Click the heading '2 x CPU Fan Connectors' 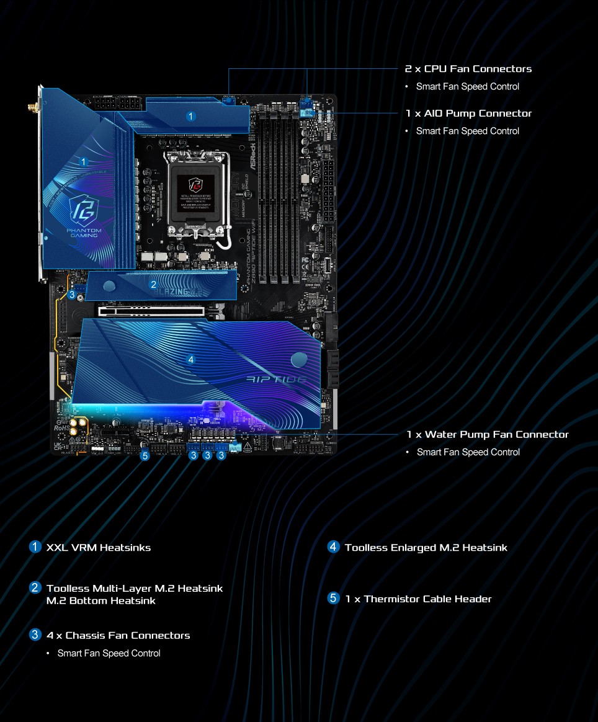tap(468, 69)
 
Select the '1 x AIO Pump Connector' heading tap(468, 114)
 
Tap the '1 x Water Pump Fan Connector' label tap(488, 435)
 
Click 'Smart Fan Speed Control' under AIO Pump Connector tap(467, 131)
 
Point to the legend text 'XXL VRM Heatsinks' tap(99, 548)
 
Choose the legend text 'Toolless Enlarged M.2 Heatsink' tap(426, 548)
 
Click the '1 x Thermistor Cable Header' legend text tap(418, 599)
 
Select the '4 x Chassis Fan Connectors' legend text tap(118, 636)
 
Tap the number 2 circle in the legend tap(35, 587)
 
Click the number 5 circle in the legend tap(334, 599)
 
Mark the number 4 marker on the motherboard tap(190, 360)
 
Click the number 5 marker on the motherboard tap(145, 456)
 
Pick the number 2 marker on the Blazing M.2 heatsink tap(153, 285)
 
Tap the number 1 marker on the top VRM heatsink tap(191, 116)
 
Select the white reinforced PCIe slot tap(151, 310)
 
